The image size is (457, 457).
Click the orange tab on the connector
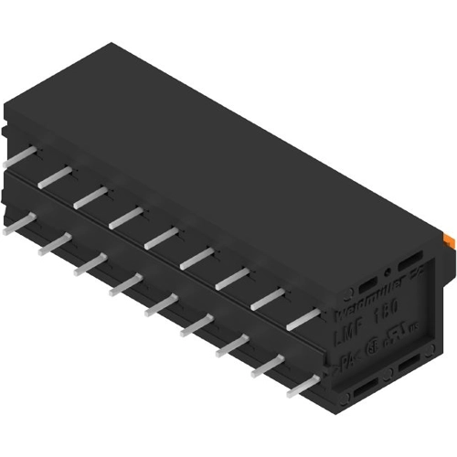(450, 239)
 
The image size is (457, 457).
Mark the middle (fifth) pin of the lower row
(163, 305)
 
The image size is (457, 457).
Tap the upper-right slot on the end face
(412, 260)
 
